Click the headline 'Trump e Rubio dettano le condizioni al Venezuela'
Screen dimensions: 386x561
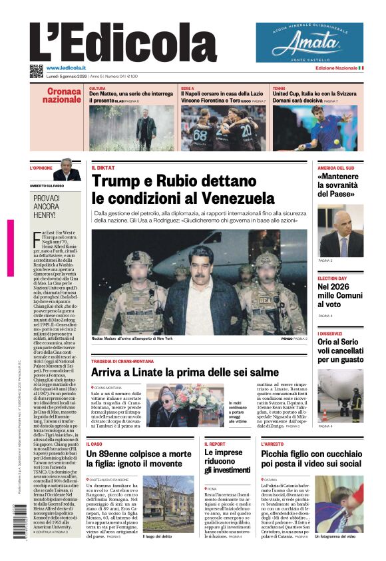(x=183, y=190)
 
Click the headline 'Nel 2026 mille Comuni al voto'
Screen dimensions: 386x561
(x=339, y=295)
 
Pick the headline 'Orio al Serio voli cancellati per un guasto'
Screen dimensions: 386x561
(x=340, y=350)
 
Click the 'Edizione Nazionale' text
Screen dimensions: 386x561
(x=336, y=68)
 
